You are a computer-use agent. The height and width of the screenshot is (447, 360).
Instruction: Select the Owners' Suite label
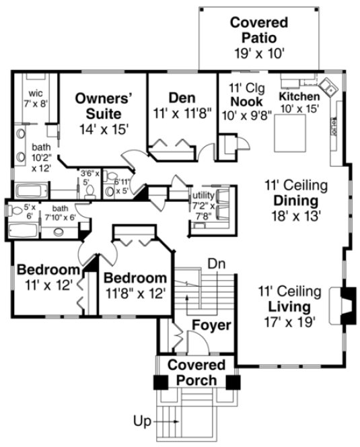pos(102,104)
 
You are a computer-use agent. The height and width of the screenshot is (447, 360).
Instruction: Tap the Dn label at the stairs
pos(216,263)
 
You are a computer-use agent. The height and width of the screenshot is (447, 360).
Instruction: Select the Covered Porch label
pos(196,372)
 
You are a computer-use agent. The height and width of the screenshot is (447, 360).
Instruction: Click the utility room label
pos(203,194)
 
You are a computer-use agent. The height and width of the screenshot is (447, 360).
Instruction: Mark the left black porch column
pos(161,382)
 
